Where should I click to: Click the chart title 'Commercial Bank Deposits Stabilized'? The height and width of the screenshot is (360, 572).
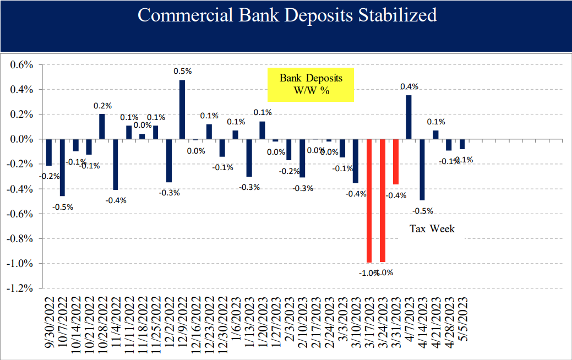(x=287, y=15)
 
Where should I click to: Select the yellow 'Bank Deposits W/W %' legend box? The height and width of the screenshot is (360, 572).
(x=310, y=85)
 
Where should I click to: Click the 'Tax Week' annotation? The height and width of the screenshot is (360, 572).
(x=432, y=228)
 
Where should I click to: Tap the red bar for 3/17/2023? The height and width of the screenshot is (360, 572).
(x=369, y=201)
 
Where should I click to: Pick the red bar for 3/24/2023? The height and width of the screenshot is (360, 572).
(x=383, y=201)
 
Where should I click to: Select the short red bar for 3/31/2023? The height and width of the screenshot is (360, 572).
(x=396, y=162)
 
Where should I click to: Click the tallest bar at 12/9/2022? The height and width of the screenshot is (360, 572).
(x=182, y=110)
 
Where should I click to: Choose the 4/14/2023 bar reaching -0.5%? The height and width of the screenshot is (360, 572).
(x=422, y=170)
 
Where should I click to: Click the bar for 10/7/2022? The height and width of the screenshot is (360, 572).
(x=62, y=167)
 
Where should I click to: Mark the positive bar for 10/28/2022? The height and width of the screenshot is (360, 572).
(x=102, y=127)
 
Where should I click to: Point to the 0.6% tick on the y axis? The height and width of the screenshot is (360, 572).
(x=22, y=65)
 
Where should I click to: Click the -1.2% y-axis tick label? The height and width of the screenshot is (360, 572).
(x=20, y=288)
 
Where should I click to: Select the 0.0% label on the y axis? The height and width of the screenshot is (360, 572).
(x=22, y=139)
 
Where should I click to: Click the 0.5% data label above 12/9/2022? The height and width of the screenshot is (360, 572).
(x=182, y=71)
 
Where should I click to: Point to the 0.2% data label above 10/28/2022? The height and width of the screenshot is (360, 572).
(x=102, y=105)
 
